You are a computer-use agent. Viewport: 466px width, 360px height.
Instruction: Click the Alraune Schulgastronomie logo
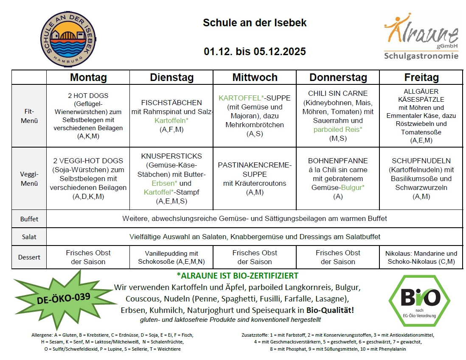point(421,37)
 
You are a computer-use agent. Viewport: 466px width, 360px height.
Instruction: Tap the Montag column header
point(88,78)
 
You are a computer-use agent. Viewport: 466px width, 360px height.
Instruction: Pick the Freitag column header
point(421,78)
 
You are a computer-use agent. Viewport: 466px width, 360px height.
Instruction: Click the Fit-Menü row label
point(29,116)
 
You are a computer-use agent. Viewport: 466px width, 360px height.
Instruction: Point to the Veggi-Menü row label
point(29,179)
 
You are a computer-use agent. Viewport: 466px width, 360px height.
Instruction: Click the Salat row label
point(29,237)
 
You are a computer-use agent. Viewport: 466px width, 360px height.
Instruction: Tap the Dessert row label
point(29,257)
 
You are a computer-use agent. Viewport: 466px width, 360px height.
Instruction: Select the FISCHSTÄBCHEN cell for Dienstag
point(171,116)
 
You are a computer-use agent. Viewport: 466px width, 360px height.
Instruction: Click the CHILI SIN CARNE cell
point(338,116)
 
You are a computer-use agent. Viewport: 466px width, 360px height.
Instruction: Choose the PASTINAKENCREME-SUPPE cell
point(255,179)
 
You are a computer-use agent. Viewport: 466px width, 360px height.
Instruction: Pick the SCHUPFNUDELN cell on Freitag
point(421,179)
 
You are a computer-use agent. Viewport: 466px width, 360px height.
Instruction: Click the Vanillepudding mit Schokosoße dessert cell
point(171,257)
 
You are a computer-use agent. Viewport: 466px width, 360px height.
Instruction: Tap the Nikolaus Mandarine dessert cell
point(421,257)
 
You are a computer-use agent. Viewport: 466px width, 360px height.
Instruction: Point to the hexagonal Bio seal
point(414,298)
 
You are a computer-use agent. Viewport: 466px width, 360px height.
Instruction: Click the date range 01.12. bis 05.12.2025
point(255,52)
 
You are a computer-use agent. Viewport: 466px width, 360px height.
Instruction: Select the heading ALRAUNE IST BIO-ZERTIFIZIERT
point(237,276)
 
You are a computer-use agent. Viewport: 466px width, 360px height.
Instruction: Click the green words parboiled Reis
point(338,129)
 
